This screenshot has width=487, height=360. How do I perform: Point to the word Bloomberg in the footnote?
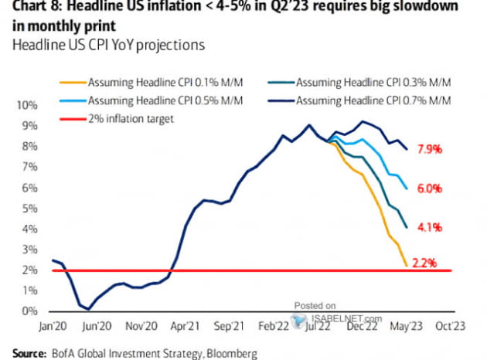(x=231, y=352)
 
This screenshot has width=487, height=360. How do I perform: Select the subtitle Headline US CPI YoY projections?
(x=108, y=45)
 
